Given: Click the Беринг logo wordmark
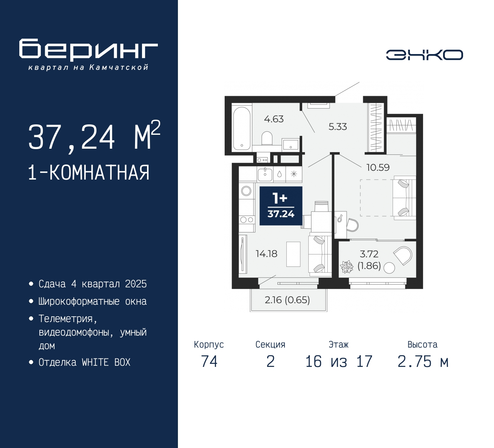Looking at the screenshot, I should [x=88, y=50].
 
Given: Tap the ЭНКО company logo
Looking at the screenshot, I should [x=424, y=55].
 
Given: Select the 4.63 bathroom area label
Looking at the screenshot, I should [x=274, y=119].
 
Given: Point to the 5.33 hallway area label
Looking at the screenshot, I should [x=338, y=127].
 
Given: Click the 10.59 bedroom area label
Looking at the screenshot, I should [x=378, y=167].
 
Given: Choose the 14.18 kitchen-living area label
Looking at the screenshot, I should [x=266, y=254].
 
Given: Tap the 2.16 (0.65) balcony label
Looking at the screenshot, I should [x=287, y=300].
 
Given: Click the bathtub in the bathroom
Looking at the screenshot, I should [x=242, y=129].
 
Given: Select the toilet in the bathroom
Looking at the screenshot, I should [x=267, y=138].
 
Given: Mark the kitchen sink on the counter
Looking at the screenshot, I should [x=265, y=174].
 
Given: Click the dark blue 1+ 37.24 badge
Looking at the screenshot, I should [x=281, y=206].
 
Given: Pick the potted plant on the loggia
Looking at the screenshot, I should [x=347, y=267].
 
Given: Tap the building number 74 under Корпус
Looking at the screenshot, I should [x=209, y=361].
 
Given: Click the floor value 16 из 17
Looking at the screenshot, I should [x=338, y=361].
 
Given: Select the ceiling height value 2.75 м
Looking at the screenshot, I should [x=423, y=361].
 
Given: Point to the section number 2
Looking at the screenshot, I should [x=271, y=361].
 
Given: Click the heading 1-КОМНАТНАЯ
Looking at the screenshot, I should [x=89, y=173].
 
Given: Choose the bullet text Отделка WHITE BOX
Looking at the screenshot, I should [x=85, y=362].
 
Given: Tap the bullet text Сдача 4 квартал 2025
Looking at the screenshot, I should [x=93, y=284].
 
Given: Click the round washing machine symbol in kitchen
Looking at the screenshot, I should [x=246, y=190].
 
